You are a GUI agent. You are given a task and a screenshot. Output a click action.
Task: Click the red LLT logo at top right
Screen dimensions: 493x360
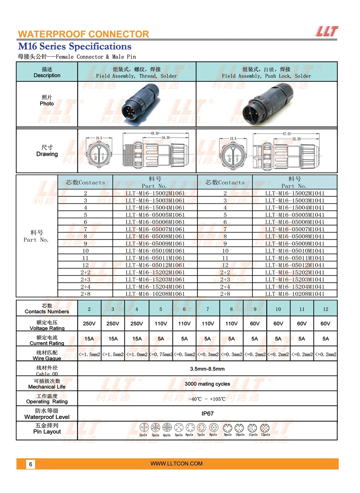click(327, 31)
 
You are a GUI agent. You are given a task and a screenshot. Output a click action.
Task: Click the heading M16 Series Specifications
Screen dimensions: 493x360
click(75, 46)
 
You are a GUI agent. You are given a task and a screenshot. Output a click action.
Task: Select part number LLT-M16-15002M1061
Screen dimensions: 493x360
click(155, 193)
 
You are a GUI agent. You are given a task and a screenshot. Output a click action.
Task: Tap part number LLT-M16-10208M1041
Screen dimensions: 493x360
click(295, 294)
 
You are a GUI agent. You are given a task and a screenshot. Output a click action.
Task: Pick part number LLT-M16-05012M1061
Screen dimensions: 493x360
click(155, 265)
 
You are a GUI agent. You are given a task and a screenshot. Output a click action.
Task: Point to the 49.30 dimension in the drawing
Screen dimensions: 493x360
click(155, 133)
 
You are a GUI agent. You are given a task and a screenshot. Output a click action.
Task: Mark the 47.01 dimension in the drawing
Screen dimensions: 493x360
click(286, 134)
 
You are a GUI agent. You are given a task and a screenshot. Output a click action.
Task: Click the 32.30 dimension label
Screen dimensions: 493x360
click(296, 139)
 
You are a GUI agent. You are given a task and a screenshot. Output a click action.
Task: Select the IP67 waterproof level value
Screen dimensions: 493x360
click(208, 414)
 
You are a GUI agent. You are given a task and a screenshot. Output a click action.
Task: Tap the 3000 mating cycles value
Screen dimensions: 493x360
click(208, 384)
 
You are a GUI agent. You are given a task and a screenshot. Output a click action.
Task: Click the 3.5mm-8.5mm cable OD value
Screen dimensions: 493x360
click(208, 369)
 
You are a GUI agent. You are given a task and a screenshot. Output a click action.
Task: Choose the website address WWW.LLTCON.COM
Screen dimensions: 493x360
click(177, 464)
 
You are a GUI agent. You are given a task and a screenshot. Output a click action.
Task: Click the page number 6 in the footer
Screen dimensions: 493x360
click(30, 464)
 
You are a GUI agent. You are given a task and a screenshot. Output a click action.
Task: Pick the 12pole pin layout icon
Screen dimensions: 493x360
click(265, 427)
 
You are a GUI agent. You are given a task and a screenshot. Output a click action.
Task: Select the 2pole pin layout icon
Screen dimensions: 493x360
click(143, 427)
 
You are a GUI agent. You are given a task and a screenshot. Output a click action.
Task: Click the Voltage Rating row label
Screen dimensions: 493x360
click(47, 325)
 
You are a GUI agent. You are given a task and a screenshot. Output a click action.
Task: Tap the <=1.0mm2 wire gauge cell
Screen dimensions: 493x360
click(137, 354)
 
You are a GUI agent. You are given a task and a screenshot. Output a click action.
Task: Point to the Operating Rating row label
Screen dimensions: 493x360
click(47, 399)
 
